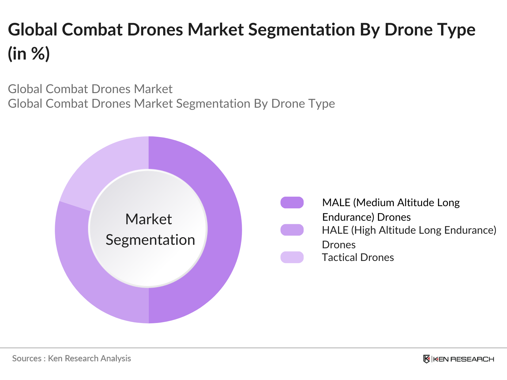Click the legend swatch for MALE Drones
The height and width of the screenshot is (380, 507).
(x=292, y=203)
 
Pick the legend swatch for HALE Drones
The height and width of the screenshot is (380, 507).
(x=292, y=230)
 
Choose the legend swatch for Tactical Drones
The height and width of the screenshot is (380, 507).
(x=292, y=257)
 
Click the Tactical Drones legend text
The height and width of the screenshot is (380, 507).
(x=358, y=257)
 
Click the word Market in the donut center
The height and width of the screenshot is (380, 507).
(x=148, y=219)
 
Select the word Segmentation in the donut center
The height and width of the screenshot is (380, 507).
(x=150, y=240)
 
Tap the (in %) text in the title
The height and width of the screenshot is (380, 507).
(x=29, y=53)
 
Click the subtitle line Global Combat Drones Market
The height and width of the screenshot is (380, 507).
(x=90, y=89)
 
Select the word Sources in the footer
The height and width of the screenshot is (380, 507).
(x=27, y=358)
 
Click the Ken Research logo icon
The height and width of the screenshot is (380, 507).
(x=427, y=359)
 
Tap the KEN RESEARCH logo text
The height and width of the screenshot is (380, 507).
(x=463, y=359)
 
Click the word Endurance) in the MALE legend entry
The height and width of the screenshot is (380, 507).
(x=348, y=217)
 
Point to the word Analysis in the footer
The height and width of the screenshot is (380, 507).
(x=116, y=358)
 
